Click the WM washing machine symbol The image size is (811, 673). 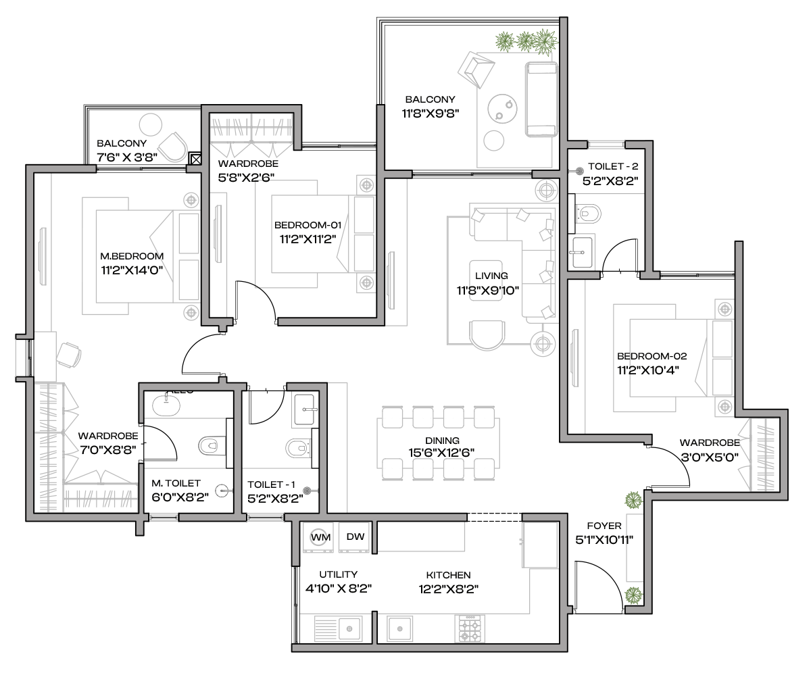(x=320, y=537)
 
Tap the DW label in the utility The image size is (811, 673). (x=355, y=537)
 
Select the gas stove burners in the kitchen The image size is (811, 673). (x=470, y=628)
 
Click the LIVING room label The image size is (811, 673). (x=491, y=276)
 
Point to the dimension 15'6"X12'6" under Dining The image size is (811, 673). (x=441, y=453)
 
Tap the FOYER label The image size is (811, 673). (x=604, y=526)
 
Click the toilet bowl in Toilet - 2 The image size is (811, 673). (x=589, y=214)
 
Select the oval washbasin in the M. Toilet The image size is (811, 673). (x=166, y=406)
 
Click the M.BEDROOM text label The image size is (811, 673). (x=132, y=256)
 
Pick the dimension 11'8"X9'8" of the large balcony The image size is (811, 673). (x=431, y=114)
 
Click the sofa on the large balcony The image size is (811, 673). (x=541, y=100)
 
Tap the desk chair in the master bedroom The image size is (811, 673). (x=69, y=355)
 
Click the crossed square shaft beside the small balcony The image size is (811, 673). (x=195, y=159)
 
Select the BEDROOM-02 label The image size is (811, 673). (x=652, y=356)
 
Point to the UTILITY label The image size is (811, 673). (x=339, y=574)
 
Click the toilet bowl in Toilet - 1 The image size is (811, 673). (x=298, y=448)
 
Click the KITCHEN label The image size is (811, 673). (x=448, y=575)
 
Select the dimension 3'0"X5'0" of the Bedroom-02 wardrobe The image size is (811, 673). (x=710, y=457)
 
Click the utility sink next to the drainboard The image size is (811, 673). (x=349, y=628)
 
